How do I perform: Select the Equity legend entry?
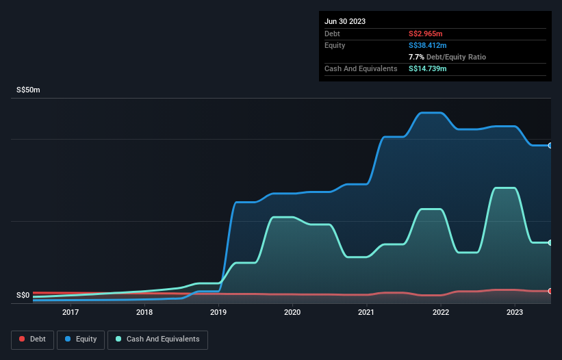tap(81, 339)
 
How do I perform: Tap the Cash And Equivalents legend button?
tap(157, 339)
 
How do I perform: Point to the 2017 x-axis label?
tap(71, 313)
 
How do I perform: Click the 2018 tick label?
tap(144, 313)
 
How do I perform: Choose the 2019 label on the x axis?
tap(218, 313)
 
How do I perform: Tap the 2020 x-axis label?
tap(292, 313)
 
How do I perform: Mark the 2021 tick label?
tap(366, 313)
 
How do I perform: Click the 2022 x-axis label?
tap(440, 313)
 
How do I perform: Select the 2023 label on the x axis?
tap(514, 313)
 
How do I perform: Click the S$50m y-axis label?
tap(29, 90)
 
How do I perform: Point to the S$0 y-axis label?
tap(23, 296)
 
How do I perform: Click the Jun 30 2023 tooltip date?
tap(345, 21)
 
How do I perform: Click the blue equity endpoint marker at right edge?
tap(550, 145)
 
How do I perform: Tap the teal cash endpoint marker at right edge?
tap(550, 242)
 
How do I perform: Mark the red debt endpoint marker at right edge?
tap(550, 291)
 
